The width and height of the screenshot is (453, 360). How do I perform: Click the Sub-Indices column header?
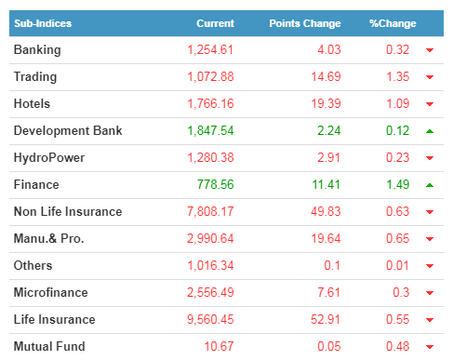click(x=43, y=23)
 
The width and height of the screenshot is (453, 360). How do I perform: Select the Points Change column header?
click(x=305, y=23)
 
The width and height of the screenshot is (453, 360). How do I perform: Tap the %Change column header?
click(x=393, y=23)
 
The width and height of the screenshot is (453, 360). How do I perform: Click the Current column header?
click(x=215, y=23)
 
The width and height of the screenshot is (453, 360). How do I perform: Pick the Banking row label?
click(x=37, y=50)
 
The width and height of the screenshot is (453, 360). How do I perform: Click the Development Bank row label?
click(x=68, y=130)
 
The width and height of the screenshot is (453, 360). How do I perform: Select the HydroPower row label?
click(x=49, y=158)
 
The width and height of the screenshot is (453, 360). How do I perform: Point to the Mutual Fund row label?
click(x=49, y=346)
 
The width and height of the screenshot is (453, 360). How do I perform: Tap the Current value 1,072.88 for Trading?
click(x=210, y=77)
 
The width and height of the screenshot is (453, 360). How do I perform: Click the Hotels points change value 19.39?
click(x=326, y=104)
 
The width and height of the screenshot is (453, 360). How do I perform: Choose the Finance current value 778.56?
click(x=216, y=184)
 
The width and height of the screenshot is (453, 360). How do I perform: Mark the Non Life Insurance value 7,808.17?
click(x=210, y=212)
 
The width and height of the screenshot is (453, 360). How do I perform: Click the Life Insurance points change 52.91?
click(x=326, y=320)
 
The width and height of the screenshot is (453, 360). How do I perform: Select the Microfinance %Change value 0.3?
click(x=401, y=292)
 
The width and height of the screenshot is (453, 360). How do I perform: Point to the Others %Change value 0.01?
click(x=397, y=266)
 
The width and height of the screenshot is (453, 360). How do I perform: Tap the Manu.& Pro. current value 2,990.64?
click(x=210, y=239)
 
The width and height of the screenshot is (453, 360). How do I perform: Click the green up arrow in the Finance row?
click(x=430, y=185)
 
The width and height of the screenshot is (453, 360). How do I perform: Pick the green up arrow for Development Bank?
click(x=430, y=131)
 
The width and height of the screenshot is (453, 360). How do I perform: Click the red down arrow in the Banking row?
click(x=430, y=50)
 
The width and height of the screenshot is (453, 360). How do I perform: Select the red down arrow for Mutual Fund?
click(x=430, y=347)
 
